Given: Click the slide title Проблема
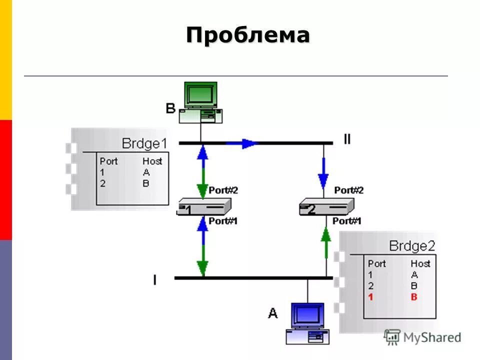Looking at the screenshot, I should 248,35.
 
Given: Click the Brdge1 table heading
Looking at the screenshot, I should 144,144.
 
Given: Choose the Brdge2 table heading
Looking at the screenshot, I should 412,246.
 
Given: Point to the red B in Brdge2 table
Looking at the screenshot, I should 413,297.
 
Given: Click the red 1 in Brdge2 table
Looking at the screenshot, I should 370,297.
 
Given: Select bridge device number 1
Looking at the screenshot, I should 203,207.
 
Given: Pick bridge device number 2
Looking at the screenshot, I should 326,206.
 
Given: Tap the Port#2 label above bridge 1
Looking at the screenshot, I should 223,190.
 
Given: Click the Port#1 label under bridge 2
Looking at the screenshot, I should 346,221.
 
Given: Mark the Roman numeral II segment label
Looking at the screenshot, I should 347,139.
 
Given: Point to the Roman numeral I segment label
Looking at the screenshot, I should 154,280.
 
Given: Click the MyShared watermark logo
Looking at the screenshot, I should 422,337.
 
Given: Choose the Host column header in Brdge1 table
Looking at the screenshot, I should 152,161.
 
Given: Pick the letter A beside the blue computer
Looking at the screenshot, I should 272,313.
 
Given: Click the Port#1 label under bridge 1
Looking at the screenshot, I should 222,220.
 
